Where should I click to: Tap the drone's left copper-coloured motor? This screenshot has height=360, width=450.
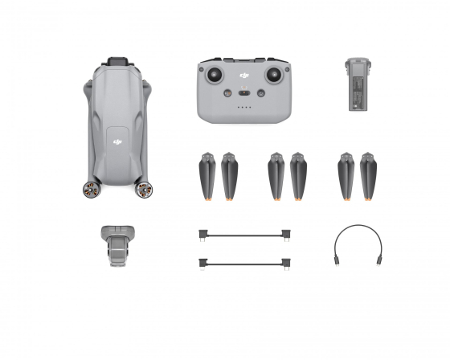(x=91, y=190)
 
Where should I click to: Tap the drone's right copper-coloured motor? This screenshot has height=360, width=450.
(x=144, y=190)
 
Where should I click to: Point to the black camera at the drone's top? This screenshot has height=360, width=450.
(x=117, y=60)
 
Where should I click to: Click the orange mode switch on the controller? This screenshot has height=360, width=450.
(x=245, y=93)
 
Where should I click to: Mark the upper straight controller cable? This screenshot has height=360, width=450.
(x=244, y=235)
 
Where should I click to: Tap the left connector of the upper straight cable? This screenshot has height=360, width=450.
(x=204, y=235)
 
